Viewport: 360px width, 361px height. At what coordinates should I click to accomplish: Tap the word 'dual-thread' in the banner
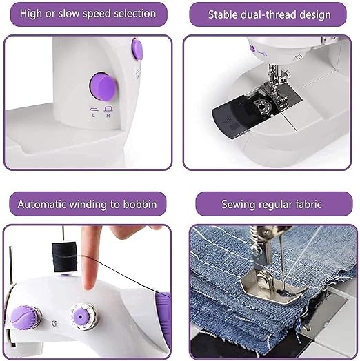tap(268, 15)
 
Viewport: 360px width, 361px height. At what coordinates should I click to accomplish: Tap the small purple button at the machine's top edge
tap(137, 50)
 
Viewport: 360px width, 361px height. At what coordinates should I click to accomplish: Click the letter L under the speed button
tap(93, 116)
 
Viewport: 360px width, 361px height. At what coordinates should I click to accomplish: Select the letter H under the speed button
tap(108, 116)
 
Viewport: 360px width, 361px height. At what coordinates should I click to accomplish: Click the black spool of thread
tap(64, 257)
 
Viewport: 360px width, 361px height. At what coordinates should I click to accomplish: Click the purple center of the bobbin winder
tap(80, 317)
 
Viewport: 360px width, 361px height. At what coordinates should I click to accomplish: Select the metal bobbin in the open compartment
tap(261, 106)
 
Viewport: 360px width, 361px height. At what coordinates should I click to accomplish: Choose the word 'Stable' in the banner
tap(223, 14)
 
